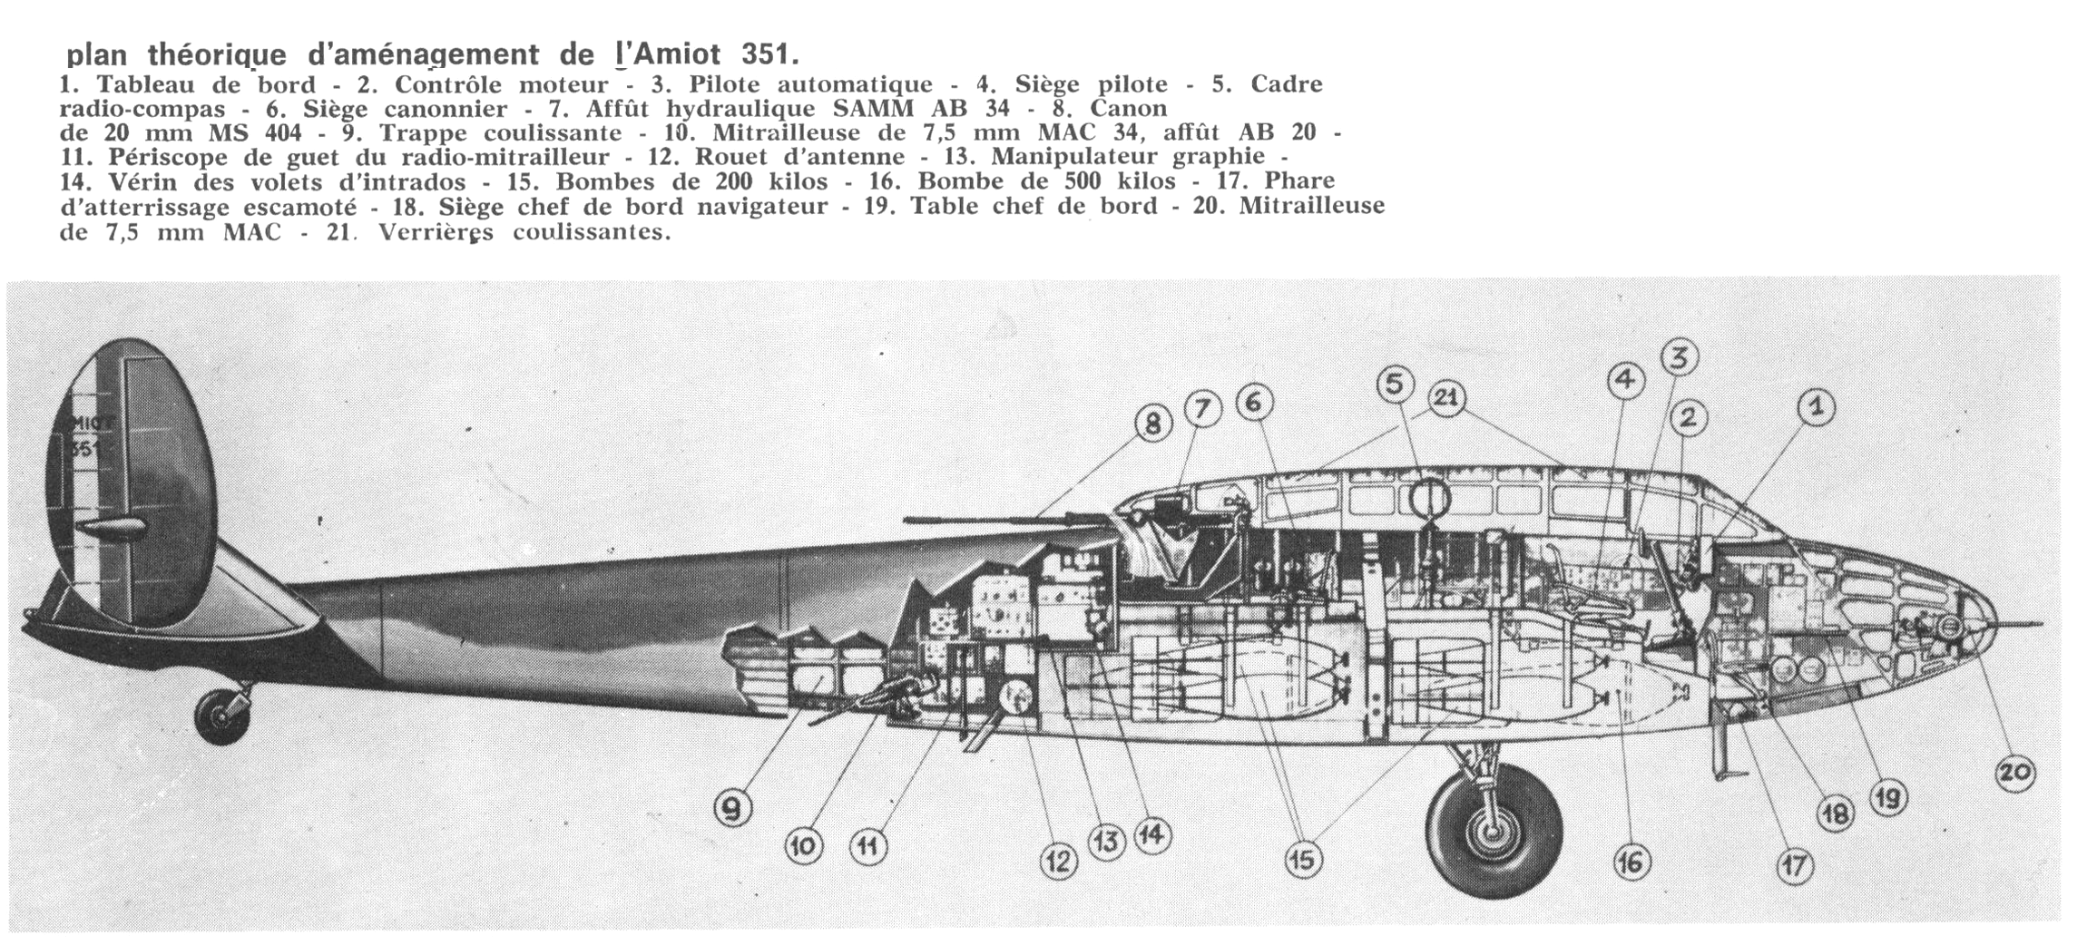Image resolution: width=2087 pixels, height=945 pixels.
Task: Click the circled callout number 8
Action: [1152, 424]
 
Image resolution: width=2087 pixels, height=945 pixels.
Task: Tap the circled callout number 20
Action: [2015, 774]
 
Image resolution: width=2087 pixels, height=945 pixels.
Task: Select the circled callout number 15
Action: [1303, 860]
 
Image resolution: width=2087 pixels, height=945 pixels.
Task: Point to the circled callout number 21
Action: [1447, 399]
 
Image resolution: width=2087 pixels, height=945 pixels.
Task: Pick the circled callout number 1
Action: [1816, 408]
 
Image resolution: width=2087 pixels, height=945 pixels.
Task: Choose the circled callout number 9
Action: [733, 806]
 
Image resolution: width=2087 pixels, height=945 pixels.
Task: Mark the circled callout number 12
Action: [1057, 861]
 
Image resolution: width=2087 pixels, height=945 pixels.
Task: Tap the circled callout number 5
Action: [1396, 385]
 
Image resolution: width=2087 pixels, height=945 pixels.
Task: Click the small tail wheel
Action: [222, 716]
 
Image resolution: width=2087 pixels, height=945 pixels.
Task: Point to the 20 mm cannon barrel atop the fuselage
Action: [1007, 521]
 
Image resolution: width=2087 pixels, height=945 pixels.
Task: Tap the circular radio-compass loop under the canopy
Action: [1427, 498]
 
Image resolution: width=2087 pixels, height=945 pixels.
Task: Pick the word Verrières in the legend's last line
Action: [436, 232]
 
